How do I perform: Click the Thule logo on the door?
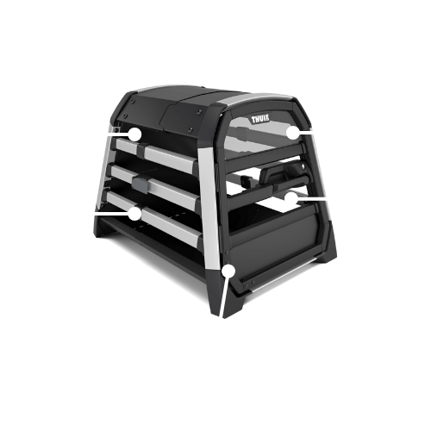(x=260, y=119)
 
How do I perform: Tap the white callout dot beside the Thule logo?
(x=293, y=133)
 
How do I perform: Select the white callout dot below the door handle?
(x=291, y=197)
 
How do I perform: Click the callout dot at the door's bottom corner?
(x=228, y=271)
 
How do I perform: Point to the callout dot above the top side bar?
(x=134, y=134)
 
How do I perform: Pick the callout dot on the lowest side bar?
(x=134, y=214)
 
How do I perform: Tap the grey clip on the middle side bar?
(x=140, y=183)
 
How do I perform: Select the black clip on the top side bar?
(x=141, y=149)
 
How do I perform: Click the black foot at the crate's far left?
(x=99, y=227)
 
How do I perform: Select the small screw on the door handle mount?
(x=302, y=166)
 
